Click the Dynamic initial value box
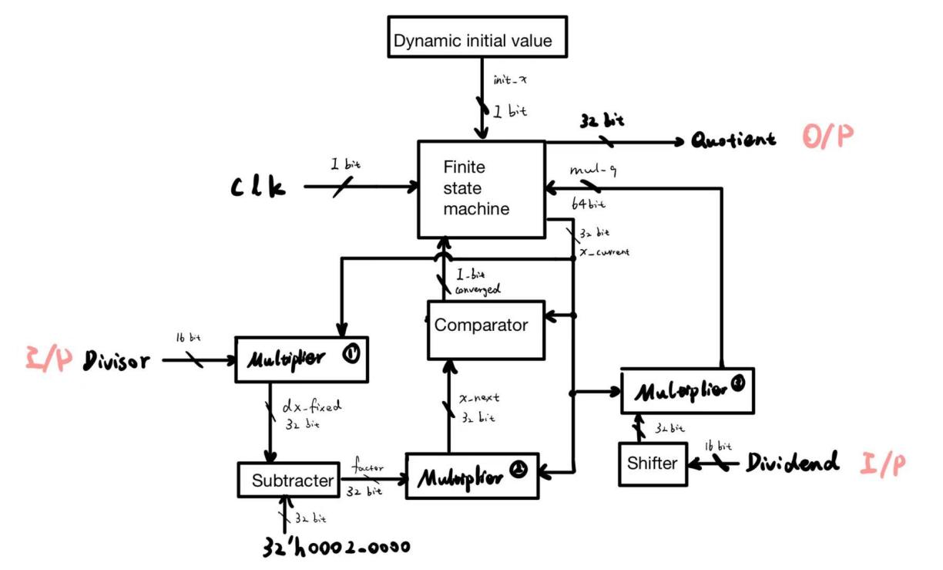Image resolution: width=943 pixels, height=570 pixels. tap(472, 40)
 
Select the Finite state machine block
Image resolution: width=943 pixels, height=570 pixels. tap(481, 188)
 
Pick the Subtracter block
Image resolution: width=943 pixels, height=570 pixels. tap(289, 481)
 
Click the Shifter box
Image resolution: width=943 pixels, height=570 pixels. tap(653, 463)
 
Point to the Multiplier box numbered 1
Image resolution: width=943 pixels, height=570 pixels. tap(301, 359)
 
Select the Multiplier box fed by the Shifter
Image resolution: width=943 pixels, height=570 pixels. tap(686, 390)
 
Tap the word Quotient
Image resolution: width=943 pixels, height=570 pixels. tap(733, 141)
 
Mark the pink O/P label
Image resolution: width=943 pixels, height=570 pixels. tap(827, 138)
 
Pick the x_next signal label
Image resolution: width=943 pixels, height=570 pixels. tap(479, 398)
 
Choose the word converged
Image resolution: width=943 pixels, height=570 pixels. tap(478, 289)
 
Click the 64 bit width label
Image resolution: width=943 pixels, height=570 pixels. tap(588, 204)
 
